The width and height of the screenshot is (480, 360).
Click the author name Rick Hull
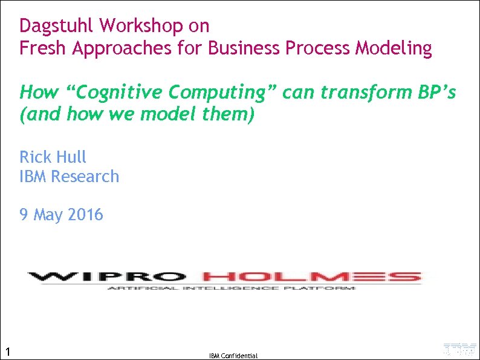(x=53, y=157)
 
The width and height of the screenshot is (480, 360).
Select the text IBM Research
(x=70, y=176)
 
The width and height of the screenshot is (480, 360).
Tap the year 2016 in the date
(x=85, y=214)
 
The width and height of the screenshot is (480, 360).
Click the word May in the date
(x=48, y=214)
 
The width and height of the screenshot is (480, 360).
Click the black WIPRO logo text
(x=106, y=277)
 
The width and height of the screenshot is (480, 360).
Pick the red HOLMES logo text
(x=311, y=277)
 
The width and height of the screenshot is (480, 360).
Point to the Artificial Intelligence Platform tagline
(x=231, y=289)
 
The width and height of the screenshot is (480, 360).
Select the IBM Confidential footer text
(x=233, y=356)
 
